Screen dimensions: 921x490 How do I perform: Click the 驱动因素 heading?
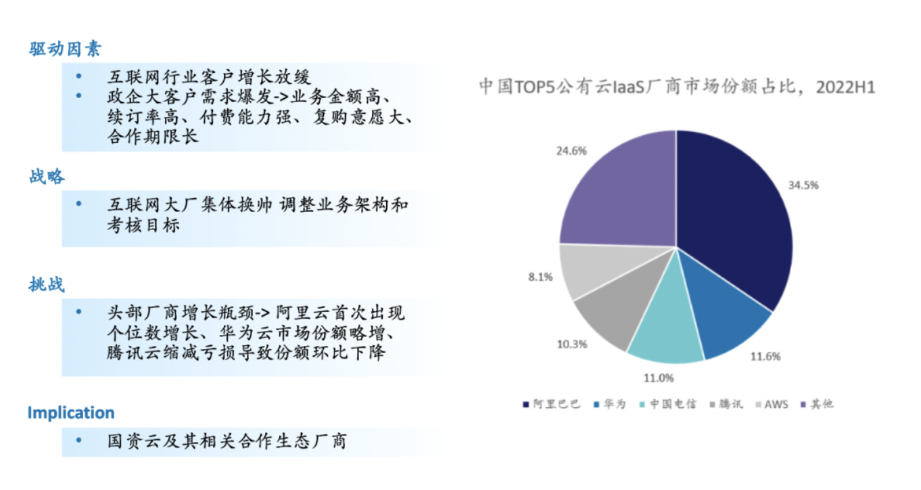(x=65, y=49)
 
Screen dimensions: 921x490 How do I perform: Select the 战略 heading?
(x=47, y=176)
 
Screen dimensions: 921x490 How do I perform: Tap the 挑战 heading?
(x=47, y=284)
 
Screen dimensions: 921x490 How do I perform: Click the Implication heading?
(x=71, y=413)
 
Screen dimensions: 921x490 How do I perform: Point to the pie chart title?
(x=677, y=87)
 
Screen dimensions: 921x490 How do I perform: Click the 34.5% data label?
(x=803, y=185)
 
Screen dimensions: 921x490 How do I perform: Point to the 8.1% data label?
(x=540, y=277)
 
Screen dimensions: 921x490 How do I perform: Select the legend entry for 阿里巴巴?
(x=551, y=405)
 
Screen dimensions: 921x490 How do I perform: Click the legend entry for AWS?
(x=772, y=405)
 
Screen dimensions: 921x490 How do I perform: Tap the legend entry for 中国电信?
(x=668, y=405)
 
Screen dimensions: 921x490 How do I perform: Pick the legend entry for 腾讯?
(x=726, y=405)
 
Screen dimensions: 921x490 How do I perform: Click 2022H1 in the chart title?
(x=846, y=87)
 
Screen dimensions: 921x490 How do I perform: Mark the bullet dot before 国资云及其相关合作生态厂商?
(x=79, y=440)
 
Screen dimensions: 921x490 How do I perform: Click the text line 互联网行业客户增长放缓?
(x=209, y=77)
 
